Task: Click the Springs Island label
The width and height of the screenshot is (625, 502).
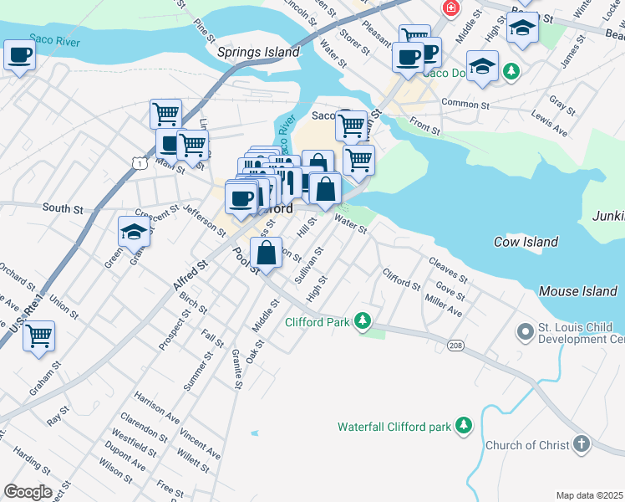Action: click(x=257, y=52)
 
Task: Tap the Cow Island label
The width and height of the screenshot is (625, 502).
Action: click(x=526, y=242)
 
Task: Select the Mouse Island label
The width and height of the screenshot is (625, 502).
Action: click(x=577, y=291)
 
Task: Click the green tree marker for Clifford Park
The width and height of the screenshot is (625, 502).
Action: click(x=362, y=321)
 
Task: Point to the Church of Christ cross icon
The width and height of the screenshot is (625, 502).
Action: click(x=582, y=444)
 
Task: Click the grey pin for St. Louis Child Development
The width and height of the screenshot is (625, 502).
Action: click(x=525, y=332)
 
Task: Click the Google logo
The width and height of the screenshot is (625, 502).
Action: click(x=28, y=491)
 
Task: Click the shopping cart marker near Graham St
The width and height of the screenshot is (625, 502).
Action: click(x=38, y=336)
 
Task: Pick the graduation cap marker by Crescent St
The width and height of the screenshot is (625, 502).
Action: click(x=134, y=230)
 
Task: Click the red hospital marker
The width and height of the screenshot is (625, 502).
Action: click(x=451, y=8)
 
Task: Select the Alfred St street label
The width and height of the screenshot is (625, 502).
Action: click(x=190, y=276)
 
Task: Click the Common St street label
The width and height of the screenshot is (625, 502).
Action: click(x=465, y=105)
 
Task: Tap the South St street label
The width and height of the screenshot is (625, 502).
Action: click(x=63, y=207)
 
